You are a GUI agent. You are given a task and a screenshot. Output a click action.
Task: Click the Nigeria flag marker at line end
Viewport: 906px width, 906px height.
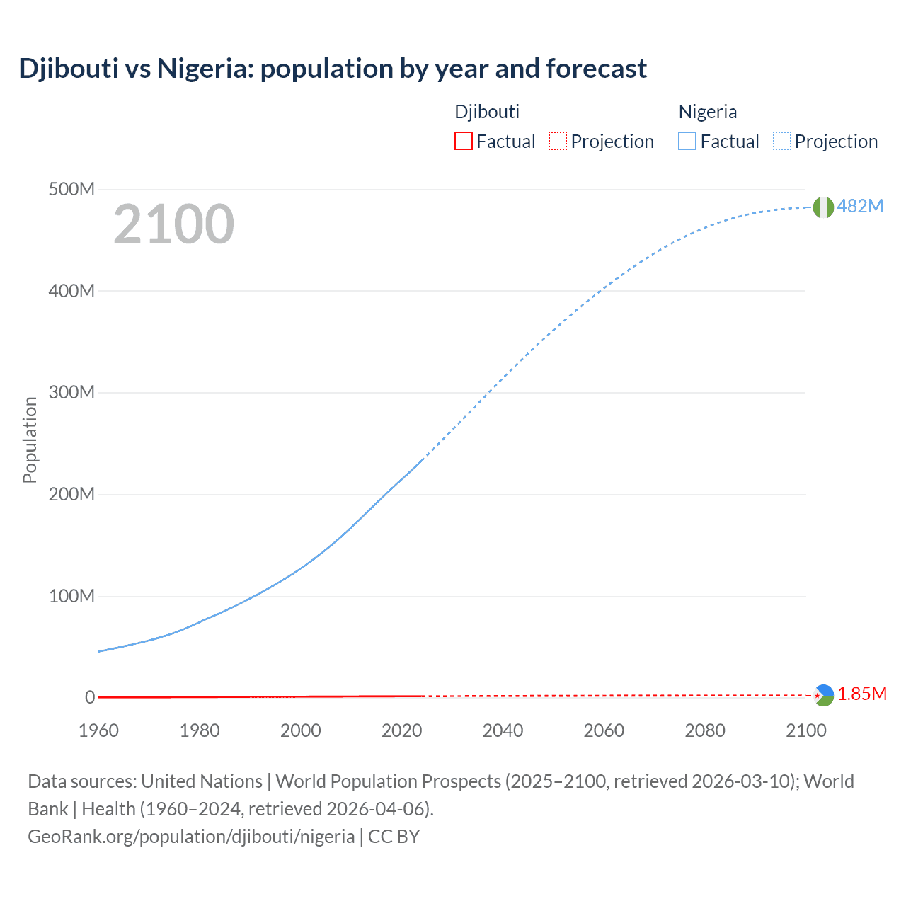(822, 207)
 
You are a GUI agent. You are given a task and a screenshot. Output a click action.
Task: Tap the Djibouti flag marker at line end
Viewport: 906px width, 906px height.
(823, 695)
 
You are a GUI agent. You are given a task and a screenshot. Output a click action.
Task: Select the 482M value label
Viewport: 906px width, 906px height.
(860, 206)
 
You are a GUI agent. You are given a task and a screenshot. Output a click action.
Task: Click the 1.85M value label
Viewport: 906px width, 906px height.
(862, 694)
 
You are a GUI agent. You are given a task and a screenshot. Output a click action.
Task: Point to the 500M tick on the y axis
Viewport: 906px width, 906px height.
(71, 189)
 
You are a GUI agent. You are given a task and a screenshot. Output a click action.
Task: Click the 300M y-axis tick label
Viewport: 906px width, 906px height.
(71, 392)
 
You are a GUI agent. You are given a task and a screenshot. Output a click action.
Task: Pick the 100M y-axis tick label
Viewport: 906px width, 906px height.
(71, 596)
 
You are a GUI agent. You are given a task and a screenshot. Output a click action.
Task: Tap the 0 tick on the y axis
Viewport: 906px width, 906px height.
(90, 697)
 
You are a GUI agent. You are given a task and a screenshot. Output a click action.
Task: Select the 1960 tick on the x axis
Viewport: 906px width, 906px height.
(98, 730)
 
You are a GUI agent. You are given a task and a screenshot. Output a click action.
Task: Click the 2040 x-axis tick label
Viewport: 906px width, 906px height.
(503, 730)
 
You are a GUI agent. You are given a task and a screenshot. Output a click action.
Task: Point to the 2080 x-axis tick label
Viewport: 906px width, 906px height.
(705, 730)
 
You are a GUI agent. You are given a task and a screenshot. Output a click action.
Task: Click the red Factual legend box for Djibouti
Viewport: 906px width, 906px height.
(463, 142)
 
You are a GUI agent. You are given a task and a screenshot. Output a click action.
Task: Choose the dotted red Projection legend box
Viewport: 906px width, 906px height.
(558, 142)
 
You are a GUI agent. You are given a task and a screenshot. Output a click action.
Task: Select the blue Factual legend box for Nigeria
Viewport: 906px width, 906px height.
(687, 142)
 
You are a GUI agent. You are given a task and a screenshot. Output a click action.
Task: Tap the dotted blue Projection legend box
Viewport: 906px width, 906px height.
(781, 142)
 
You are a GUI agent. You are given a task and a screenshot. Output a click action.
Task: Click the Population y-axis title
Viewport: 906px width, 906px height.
(30, 440)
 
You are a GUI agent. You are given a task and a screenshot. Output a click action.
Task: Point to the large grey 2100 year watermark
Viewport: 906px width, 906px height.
(173, 224)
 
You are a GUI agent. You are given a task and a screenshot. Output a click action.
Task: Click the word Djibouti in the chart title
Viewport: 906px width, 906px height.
(69, 69)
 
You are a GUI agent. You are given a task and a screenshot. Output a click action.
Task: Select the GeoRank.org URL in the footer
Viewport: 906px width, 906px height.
(191, 837)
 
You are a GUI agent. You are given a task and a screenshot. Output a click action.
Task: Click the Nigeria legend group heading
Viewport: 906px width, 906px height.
(707, 112)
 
